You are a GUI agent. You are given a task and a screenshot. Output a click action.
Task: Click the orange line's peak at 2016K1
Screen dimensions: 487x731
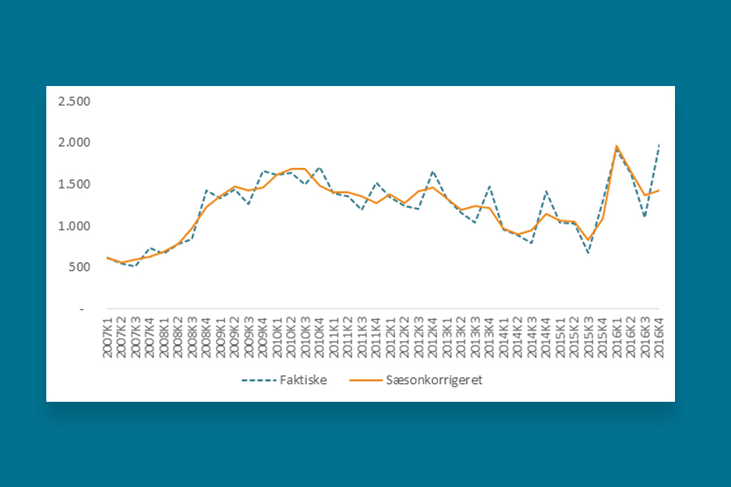[x=616, y=146]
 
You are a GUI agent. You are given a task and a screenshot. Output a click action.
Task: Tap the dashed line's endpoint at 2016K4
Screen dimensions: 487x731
[x=658, y=144]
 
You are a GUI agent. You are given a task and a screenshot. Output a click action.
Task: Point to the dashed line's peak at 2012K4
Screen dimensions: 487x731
[x=433, y=171]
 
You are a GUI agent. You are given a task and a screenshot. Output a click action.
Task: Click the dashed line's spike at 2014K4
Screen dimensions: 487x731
[x=546, y=192]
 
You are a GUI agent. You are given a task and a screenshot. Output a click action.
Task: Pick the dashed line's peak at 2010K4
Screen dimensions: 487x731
[x=320, y=167]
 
